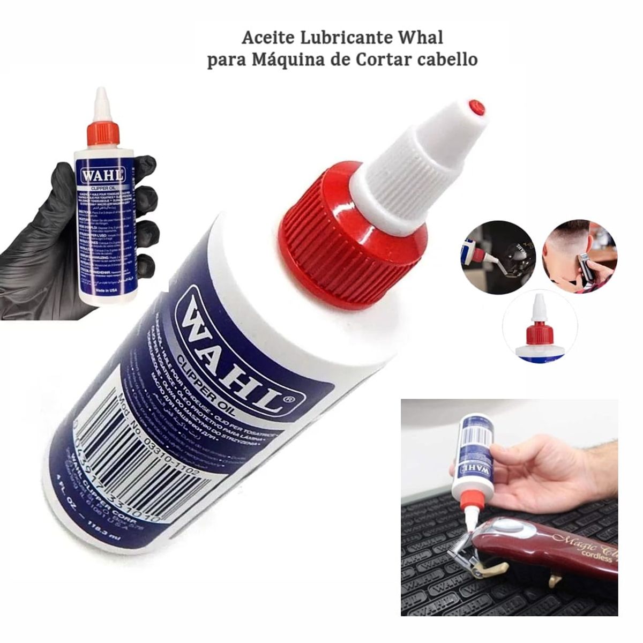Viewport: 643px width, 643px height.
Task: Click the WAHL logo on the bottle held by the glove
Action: pos(102,175)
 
